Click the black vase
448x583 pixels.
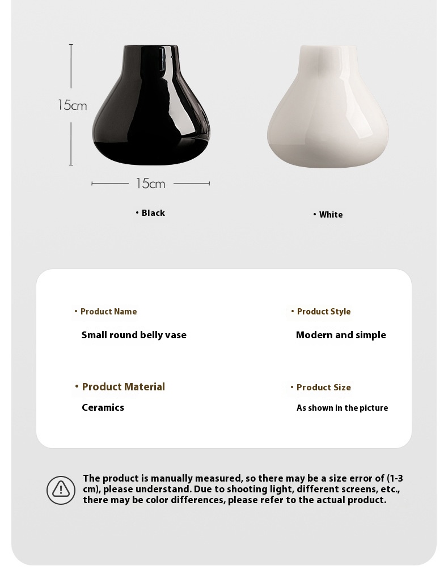pyautogui.click(x=151, y=113)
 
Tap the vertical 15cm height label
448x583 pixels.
pyautogui.click(x=72, y=105)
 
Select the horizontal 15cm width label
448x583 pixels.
pyautogui.click(x=150, y=184)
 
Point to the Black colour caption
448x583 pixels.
pyautogui.click(x=153, y=213)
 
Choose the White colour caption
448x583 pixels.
pyautogui.click(x=331, y=215)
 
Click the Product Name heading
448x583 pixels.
pyautogui.click(x=108, y=312)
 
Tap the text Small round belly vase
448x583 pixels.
pyautogui.click(x=134, y=335)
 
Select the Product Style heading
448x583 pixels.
pyautogui.click(x=324, y=312)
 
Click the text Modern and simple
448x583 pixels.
pyautogui.click(x=341, y=335)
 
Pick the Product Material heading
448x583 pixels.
pyautogui.click(x=123, y=387)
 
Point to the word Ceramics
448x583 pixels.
pyautogui.click(x=103, y=407)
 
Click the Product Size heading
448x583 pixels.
pyautogui.click(x=323, y=388)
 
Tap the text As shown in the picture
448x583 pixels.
pyautogui.click(x=342, y=408)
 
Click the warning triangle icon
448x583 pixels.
pyautogui.click(x=61, y=490)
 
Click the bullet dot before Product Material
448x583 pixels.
pyautogui.click(x=77, y=386)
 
